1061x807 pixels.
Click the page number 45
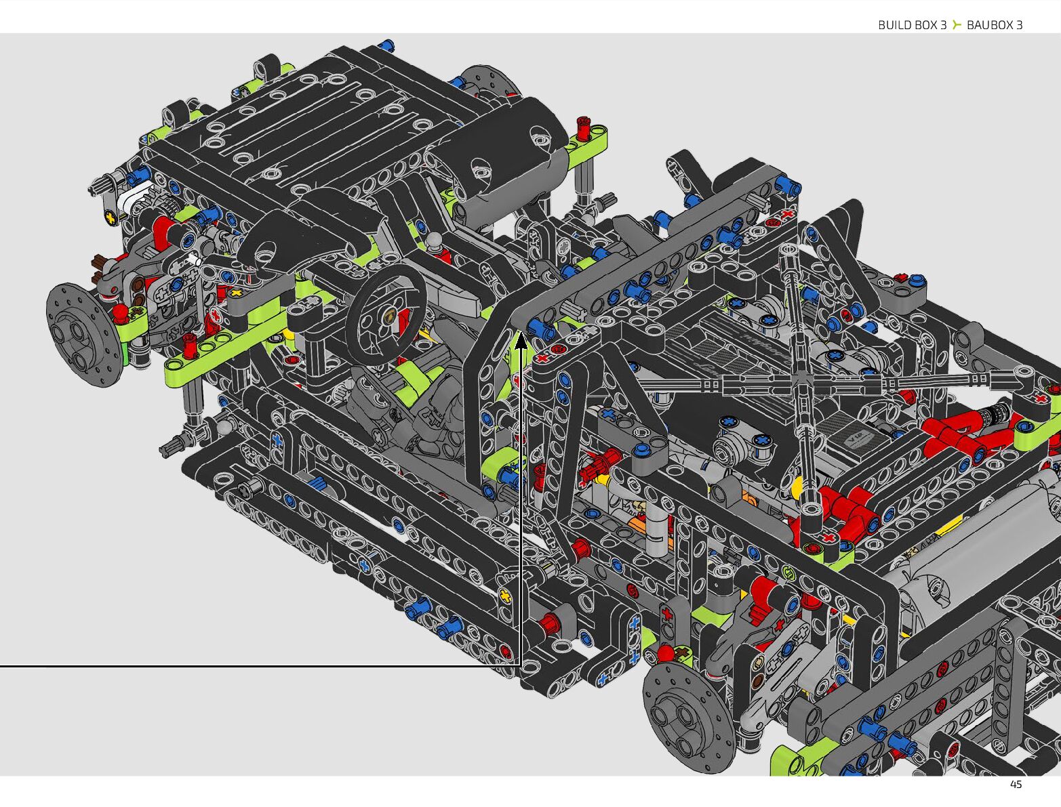[1016, 785]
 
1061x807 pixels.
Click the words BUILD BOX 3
[912, 25]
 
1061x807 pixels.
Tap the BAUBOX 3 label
[995, 25]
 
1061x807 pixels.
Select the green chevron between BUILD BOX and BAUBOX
[956, 25]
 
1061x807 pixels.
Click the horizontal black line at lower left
[260, 667]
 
